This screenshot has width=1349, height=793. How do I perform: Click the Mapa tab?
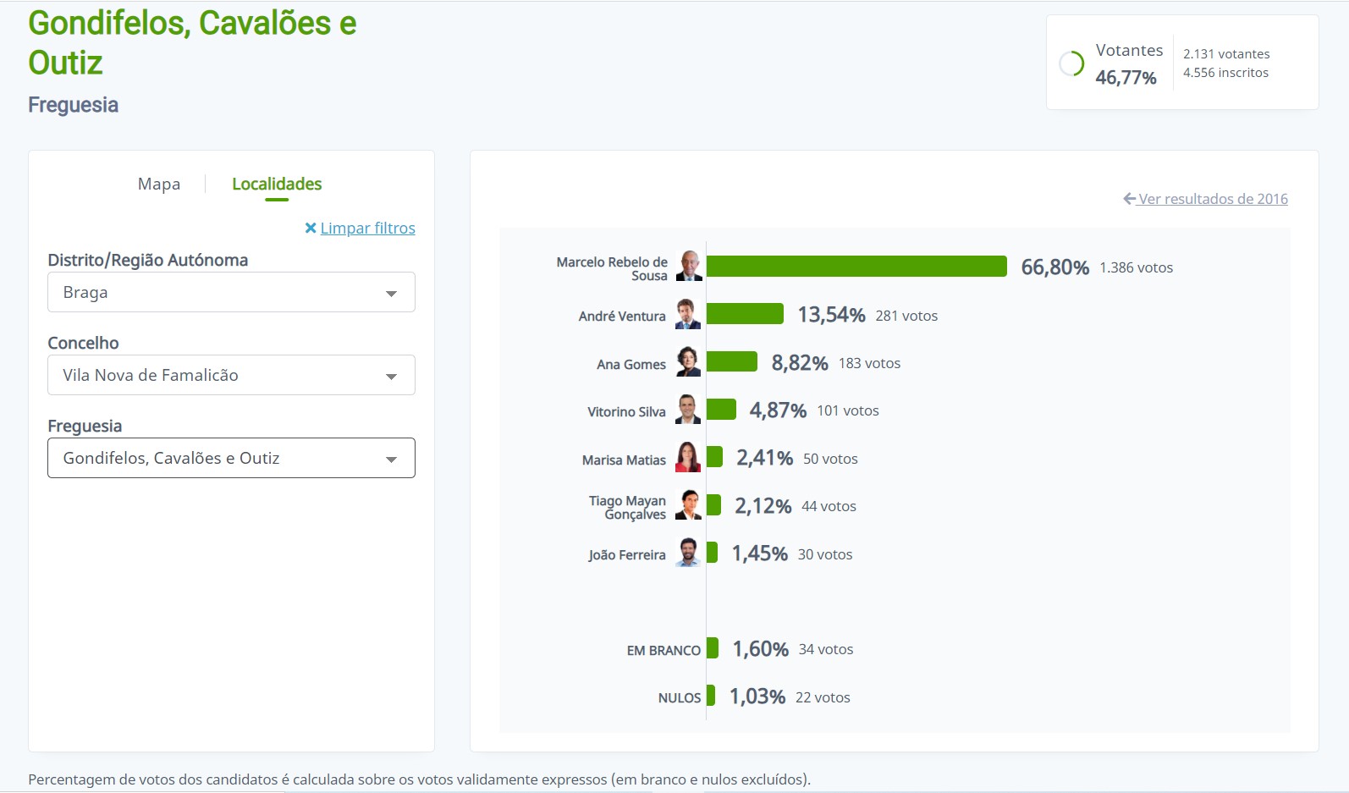(159, 184)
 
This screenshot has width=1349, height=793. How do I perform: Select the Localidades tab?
(277, 184)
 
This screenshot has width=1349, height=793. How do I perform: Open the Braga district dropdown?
(231, 292)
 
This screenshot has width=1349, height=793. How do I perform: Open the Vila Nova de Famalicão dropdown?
(231, 375)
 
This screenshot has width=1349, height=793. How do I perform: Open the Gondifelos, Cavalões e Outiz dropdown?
(231, 458)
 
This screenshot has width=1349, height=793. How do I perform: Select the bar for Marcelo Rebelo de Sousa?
(856, 267)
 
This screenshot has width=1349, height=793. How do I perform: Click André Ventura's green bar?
(745, 314)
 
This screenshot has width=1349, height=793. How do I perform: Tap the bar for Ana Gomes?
(731, 362)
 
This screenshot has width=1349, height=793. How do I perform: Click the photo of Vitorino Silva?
(688, 410)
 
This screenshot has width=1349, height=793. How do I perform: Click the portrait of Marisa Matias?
(688, 458)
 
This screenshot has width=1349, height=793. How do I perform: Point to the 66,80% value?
(1054, 267)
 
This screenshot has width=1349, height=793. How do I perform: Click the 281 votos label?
(906, 316)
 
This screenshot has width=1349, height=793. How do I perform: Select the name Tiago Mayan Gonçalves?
(628, 507)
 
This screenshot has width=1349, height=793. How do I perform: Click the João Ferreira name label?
(627, 554)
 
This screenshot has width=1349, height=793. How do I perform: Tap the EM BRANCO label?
(663, 650)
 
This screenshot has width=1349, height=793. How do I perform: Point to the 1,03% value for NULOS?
(757, 697)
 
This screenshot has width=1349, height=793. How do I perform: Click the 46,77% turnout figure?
(1126, 78)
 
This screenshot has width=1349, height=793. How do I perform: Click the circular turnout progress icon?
(1071, 63)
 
